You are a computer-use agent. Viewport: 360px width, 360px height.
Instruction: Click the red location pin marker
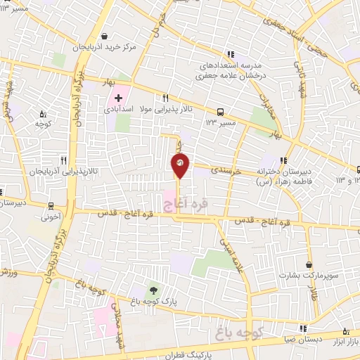click(x=180, y=165)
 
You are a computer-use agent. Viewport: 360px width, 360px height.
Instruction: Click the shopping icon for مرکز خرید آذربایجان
click(x=104, y=36)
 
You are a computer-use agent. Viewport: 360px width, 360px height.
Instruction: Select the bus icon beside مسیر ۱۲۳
click(x=221, y=111)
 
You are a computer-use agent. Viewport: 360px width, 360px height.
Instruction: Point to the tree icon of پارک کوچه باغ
click(x=153, y=290)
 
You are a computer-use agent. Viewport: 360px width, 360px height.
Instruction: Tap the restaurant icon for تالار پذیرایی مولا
click(x=165, y=98)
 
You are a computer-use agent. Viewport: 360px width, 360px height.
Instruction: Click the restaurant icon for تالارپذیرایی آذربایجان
click(x=63, y=160)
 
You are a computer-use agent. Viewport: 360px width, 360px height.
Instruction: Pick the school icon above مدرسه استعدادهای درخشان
click(x=230, y=54)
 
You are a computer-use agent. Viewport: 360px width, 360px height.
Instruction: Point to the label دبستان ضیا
click(x=304, y=340)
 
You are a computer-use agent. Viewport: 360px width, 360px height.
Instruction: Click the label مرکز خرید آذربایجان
click(x=104, y=49)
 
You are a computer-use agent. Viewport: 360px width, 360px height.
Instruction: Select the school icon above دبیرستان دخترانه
click(x=283, y=160)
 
